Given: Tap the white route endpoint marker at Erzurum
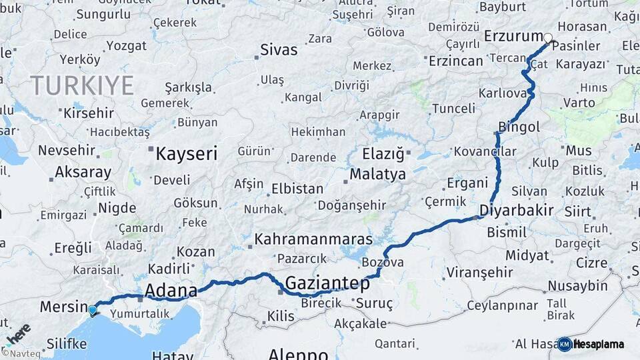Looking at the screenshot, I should tap(548, 38).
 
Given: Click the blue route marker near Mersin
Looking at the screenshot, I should tap(92, 310).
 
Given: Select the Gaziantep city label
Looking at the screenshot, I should tap(327, 283).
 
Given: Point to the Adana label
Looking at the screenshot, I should tap(171, 291).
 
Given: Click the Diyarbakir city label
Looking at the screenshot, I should tap(517, 211).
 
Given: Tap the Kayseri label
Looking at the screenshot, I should tap(186, 154).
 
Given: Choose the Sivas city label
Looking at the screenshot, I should tap(279, 49).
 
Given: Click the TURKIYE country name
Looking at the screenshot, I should tap(81, 86).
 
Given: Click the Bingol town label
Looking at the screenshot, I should tap(519, 127).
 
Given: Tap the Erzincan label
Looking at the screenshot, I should tap(455, 61).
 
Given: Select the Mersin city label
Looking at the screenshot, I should tap(64, 307).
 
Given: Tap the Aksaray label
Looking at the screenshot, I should tap(83, 172).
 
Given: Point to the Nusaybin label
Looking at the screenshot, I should tap(577, 286).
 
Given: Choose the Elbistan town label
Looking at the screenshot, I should tap(297, 189).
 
